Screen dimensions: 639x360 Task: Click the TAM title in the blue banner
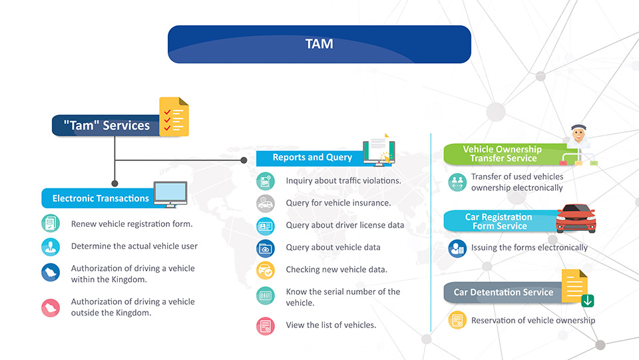coord(319,44)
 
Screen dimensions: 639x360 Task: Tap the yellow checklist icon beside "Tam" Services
coord(174,117)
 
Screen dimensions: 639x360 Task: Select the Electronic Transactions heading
coord(101,198)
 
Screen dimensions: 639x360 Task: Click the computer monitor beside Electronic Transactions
coord(170,194)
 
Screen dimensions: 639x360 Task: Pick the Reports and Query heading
coord(312,157)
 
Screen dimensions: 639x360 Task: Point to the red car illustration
coord(576,218)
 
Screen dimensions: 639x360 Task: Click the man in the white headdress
coord(578,136)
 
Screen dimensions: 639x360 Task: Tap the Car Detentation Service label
coord(503,292)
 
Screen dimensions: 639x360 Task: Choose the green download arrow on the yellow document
coord(587,301)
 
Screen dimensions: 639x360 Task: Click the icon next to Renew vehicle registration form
coord(51,224)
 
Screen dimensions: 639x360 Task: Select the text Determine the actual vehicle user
coord(134,246)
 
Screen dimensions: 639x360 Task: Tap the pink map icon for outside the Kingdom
coord(51,307)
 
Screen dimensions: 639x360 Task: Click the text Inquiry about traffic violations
coord(343,181)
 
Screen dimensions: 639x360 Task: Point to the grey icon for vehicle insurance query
coord(266,204)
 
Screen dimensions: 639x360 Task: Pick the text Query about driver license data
coord(345,225)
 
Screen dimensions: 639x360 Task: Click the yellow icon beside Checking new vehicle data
coord(266,270)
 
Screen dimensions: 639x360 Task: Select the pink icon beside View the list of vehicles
coord(266,326)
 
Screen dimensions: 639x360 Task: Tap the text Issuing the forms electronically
coord(529,248)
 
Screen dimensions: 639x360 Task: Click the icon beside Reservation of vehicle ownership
coord(457,321)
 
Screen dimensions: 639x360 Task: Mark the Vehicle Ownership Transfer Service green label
coord(505,154)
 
